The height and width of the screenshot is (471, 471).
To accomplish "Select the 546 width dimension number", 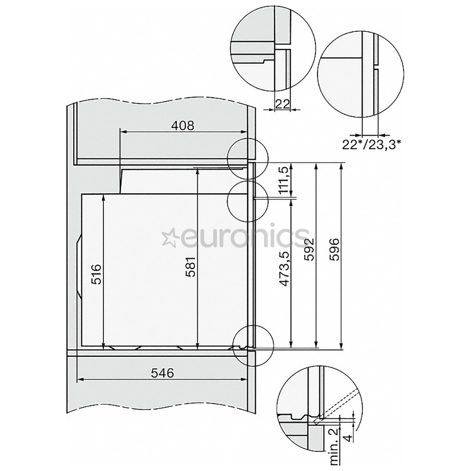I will click(x=162, y=373).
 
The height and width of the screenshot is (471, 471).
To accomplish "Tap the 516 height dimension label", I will click(x=97, y=274).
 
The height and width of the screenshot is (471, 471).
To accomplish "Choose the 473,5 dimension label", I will click(x=285, y=270).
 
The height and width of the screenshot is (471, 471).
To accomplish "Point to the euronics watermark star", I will click(x=168, y=238).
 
